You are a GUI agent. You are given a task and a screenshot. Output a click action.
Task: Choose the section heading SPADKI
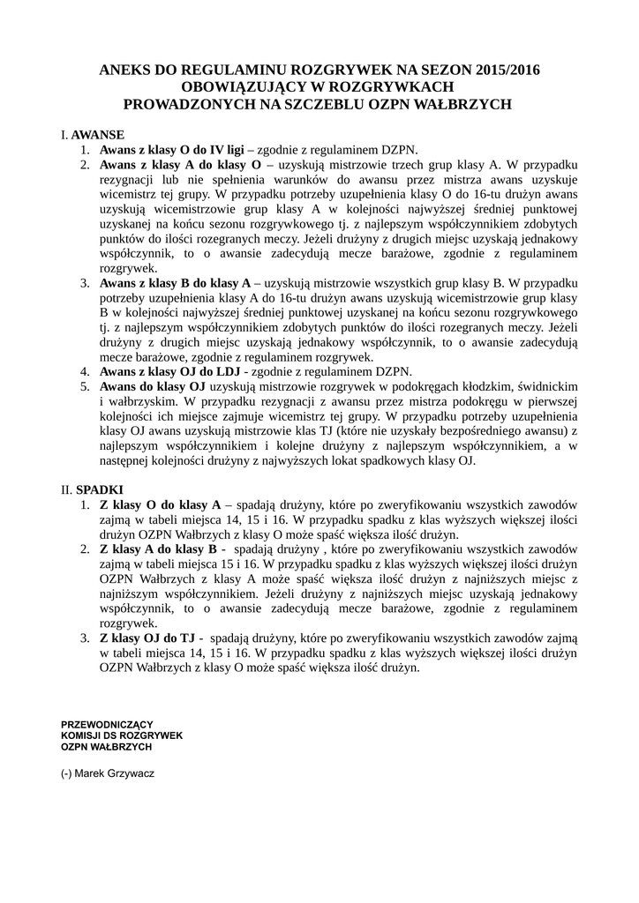pos(100,489)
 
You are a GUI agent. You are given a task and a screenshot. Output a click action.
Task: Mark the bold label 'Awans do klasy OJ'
pos(152,386)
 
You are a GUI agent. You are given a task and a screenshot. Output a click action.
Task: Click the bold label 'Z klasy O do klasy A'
pos(160,504)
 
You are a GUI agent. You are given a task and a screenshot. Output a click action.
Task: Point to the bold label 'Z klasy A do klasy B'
pos(159,549)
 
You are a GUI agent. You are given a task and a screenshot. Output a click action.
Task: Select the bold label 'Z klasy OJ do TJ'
pos(147,638)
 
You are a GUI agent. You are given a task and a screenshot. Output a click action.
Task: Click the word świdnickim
pos(542,386)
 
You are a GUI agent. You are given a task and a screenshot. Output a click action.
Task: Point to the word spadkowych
pos(395,460)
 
